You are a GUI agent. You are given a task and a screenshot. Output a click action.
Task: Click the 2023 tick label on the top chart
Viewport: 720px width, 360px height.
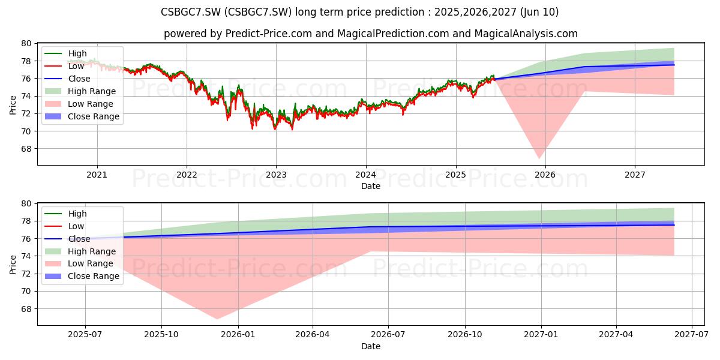pos(276,175)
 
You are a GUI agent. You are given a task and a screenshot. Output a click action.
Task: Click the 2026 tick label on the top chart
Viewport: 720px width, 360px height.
pos(545,175)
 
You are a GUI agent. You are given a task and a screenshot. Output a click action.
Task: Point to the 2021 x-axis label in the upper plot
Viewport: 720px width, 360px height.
pos(97,175)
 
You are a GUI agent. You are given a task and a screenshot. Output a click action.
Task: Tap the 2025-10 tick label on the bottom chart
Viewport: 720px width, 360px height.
pos(161,335)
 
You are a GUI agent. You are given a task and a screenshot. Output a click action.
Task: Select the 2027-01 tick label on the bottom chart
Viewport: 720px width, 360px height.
pos(541,335)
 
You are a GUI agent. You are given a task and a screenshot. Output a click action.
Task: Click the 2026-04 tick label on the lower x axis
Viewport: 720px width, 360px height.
pos(313,335)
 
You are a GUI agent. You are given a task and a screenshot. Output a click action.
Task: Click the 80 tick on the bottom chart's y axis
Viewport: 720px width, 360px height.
pos(26,204)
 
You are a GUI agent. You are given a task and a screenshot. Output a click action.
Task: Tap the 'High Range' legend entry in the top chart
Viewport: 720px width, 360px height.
pos(80,91)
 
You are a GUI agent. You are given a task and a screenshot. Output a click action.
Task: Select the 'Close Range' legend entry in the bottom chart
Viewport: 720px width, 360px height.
pos(82,276)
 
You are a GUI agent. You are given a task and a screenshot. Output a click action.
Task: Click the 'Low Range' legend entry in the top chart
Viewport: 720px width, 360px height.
pos(79,104)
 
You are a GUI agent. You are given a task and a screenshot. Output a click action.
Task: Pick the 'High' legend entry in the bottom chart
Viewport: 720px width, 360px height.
pos(65,214)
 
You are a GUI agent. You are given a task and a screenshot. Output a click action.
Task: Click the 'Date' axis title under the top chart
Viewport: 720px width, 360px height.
pos(371,186)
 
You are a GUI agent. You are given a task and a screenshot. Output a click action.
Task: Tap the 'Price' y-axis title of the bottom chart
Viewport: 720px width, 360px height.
pos(13,265)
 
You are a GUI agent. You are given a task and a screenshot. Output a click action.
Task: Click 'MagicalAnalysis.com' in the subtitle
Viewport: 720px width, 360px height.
pos(526,34)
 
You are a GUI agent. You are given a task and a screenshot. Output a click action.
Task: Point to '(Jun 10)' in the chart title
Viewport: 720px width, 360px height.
pos(538,12)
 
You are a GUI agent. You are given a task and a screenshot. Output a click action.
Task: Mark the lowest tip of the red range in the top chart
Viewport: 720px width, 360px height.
pos(539,158)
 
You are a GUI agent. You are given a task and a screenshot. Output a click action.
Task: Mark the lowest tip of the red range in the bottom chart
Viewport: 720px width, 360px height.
pos(217,319)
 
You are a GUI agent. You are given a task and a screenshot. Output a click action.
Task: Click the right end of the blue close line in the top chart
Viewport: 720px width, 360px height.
pos(674,65)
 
